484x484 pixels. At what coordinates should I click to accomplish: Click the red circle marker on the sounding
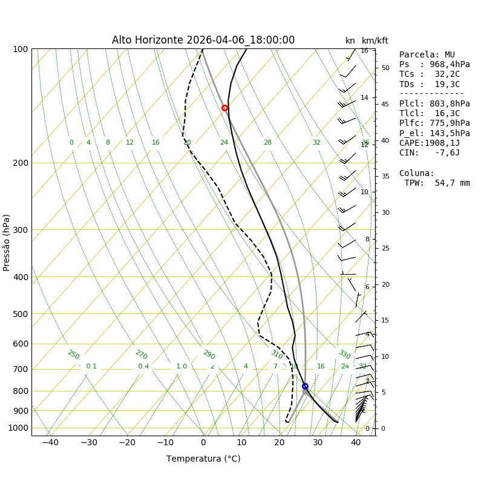(224, 108)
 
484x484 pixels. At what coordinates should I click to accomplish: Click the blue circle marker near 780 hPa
(305, 386)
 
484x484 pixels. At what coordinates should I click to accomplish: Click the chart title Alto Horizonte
(203, 41)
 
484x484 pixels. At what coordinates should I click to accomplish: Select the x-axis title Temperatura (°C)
(203, 459)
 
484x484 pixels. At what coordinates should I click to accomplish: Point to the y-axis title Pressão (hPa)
(7, 242)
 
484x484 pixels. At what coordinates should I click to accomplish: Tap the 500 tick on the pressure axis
(20, 314)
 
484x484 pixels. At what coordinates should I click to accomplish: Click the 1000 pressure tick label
(18, 428)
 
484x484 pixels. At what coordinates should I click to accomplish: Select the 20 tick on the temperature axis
(280, 443)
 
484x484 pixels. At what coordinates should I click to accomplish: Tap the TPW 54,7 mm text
(437, 183)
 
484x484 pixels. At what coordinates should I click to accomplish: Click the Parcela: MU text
(427, 55)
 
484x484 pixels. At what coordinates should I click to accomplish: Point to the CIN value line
(429, 153)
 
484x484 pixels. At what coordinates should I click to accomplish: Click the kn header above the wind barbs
(350, 41)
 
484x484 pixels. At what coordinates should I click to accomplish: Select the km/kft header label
(375, 41)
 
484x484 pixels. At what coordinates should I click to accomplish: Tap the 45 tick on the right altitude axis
(385, 104)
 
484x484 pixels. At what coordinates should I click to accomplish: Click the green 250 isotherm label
(73, 355)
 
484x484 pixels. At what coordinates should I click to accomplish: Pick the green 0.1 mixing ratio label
(91, 367)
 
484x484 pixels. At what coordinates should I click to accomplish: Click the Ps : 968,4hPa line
(434, 65)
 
